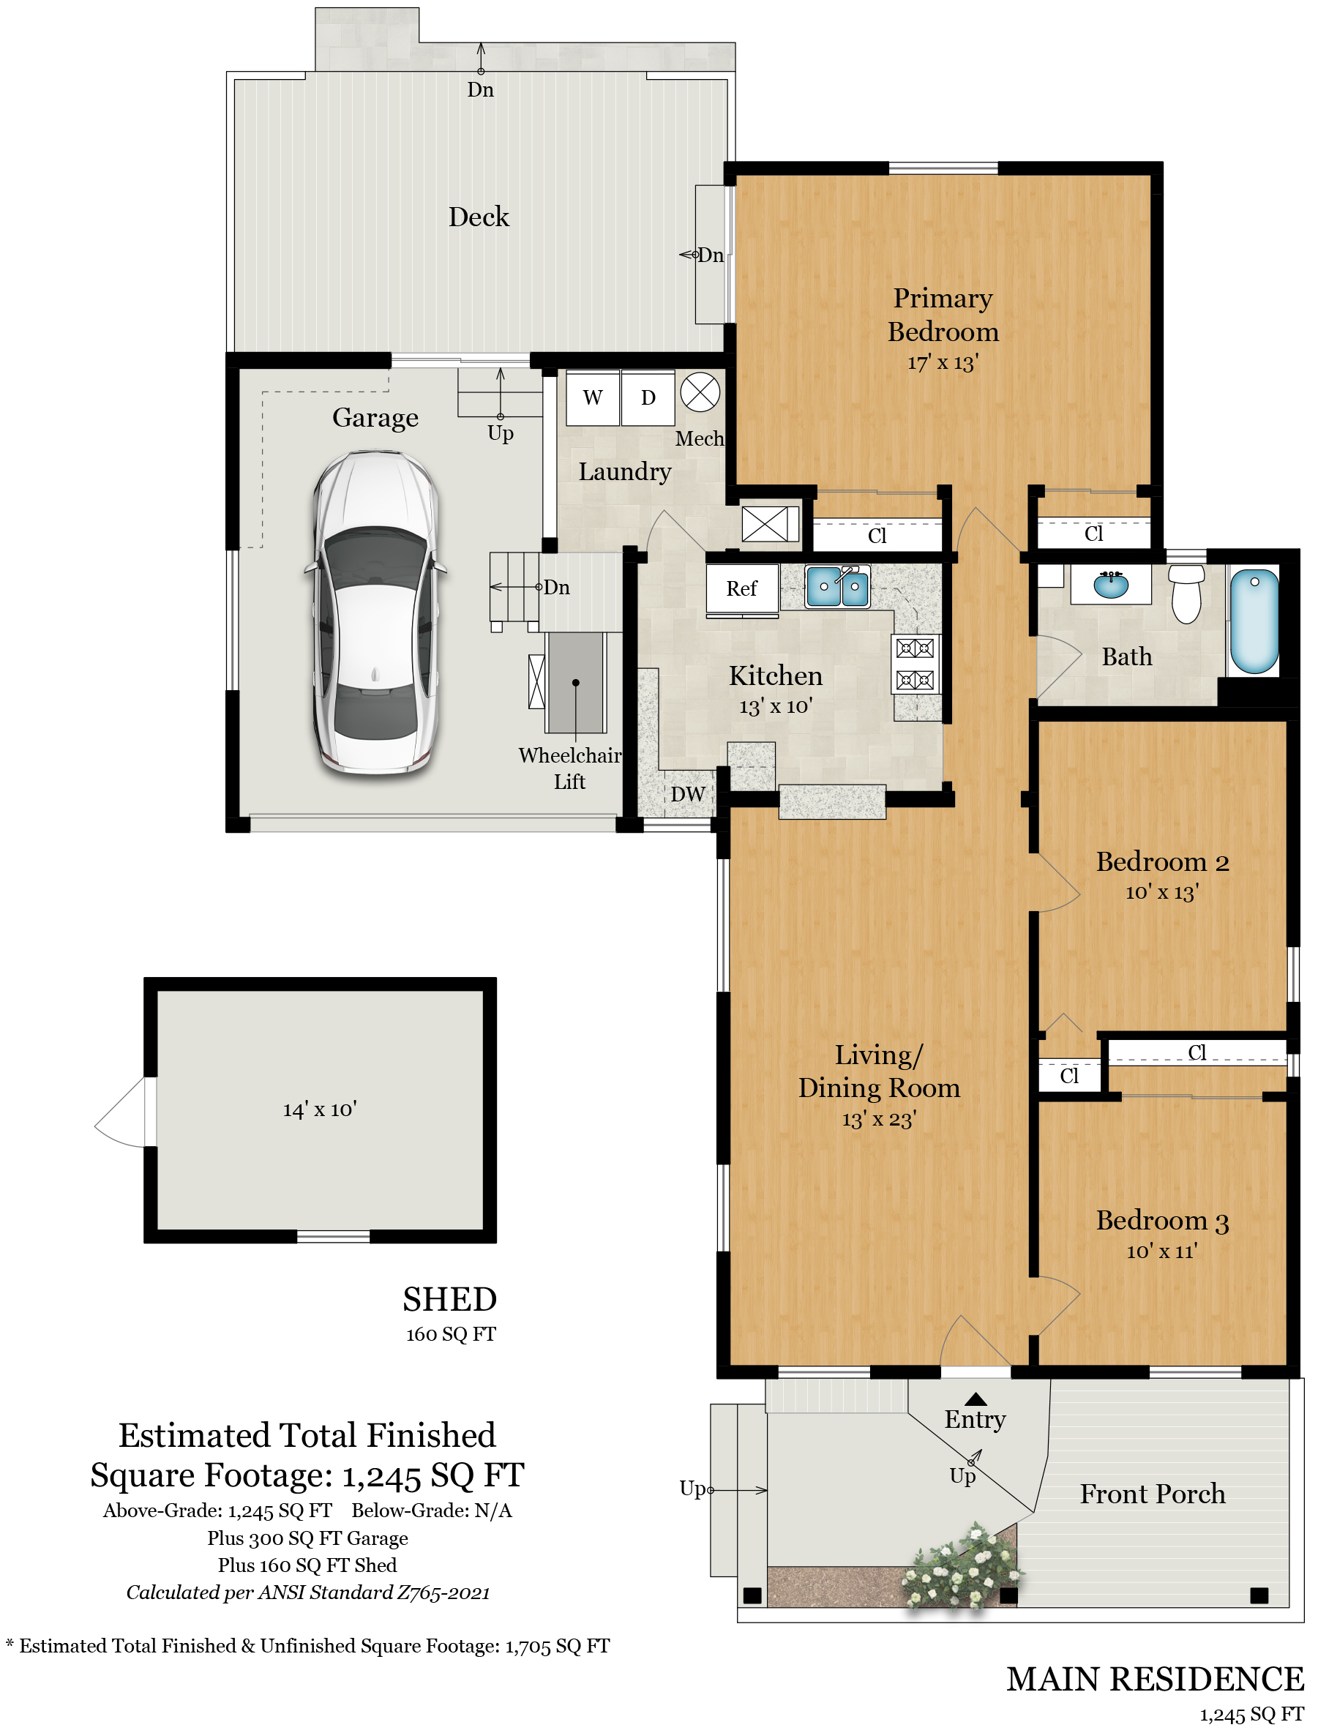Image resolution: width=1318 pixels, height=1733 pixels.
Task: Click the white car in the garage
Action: click(x=375, y=613)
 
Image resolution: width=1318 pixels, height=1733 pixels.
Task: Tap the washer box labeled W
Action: click(x=592, y=397)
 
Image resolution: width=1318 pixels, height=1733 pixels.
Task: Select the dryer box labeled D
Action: click(x=648, y=397)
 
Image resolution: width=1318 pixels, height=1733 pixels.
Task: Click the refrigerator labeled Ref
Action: click(x=742, y=588)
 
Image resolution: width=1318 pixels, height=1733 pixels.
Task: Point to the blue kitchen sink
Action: click(x=837, y=587)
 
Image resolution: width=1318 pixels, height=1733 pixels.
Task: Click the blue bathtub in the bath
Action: click(x=1254, y=621)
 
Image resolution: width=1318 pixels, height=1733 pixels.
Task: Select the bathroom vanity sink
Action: click(x=1111, y=584)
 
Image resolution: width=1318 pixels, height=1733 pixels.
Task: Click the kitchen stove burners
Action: click(x=916, y=664)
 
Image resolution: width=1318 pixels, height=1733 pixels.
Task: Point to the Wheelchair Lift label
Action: click(x=570, y=768)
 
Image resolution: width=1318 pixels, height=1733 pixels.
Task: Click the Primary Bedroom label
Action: click(x=943, y=315)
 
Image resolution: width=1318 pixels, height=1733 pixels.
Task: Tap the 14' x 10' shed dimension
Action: click(x=320, y=1109)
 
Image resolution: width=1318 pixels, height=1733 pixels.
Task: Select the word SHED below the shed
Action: click(x=450, y=1299)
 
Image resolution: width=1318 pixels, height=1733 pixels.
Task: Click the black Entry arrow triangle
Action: click(x=976, y=1399)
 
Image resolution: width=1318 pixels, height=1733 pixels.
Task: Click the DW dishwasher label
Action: click(x=688, y=794)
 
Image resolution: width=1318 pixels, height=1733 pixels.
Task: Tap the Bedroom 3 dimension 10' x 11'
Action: click(x=1162, y=1251)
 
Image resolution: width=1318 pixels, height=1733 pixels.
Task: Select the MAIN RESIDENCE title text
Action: click(x=1155, y=1679)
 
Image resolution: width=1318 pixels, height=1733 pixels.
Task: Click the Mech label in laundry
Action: click(x=700, y=438)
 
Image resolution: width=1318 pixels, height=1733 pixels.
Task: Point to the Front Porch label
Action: click(x=1153, y=1494)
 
